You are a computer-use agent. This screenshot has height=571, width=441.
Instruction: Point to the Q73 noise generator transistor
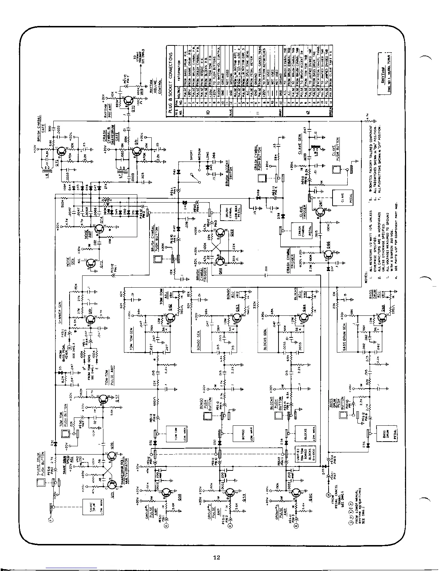coord(91,265)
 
